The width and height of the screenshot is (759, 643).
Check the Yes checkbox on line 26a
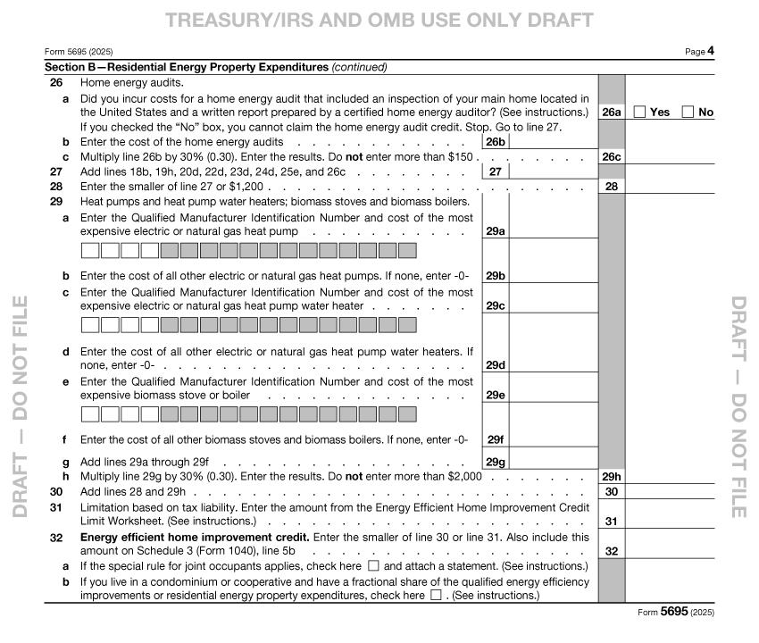pos(640,112)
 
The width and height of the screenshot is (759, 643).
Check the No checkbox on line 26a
pos(688,112)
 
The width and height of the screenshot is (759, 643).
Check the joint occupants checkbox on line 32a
pos(373,566)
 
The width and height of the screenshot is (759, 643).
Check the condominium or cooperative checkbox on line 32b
pos(436,596)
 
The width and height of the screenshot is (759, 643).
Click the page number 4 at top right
pos(711,52)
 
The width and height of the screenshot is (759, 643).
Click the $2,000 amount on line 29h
pos(465,477)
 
